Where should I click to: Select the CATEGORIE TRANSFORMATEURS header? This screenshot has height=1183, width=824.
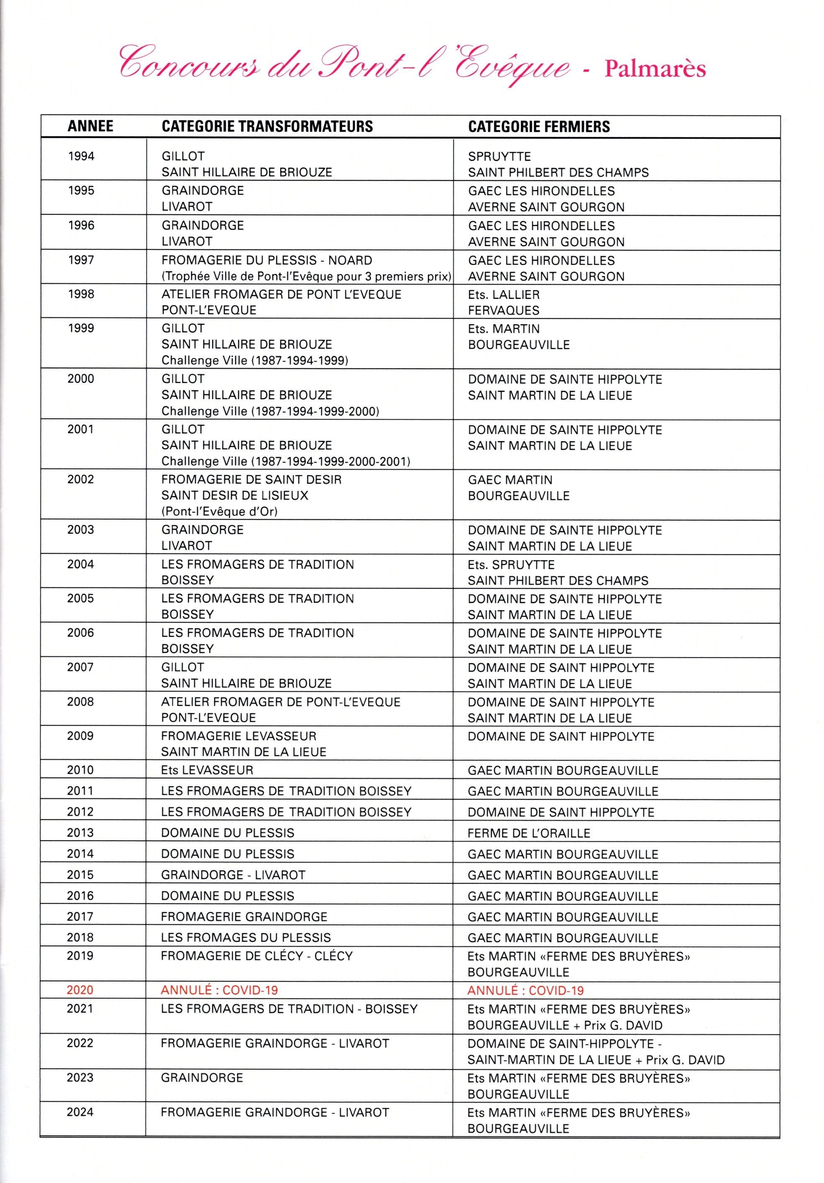point(267,127)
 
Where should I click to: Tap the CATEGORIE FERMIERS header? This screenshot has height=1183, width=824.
point(539,127)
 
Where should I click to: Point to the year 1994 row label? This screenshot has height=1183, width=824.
point(81,156)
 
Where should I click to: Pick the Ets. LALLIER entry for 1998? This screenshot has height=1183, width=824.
point(504,295)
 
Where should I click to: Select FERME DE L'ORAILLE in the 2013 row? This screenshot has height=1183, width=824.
point(529,833)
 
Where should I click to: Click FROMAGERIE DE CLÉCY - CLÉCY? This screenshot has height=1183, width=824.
point(257,956)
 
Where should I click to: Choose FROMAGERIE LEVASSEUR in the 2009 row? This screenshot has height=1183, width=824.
point(239,736)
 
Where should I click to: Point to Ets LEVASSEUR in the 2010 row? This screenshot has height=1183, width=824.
point(207,770)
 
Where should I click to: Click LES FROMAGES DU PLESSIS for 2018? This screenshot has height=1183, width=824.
point(246,937)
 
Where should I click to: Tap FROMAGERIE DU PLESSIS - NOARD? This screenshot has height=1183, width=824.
point(266,260)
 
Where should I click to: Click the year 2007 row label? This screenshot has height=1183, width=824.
point(80,667)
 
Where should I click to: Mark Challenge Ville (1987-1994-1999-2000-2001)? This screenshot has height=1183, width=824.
point(286,461)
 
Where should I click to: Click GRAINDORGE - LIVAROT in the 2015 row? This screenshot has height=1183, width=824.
point(233,875)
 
